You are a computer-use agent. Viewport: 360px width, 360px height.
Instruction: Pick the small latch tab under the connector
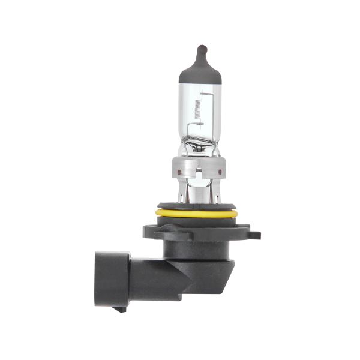tap(121, 309)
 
